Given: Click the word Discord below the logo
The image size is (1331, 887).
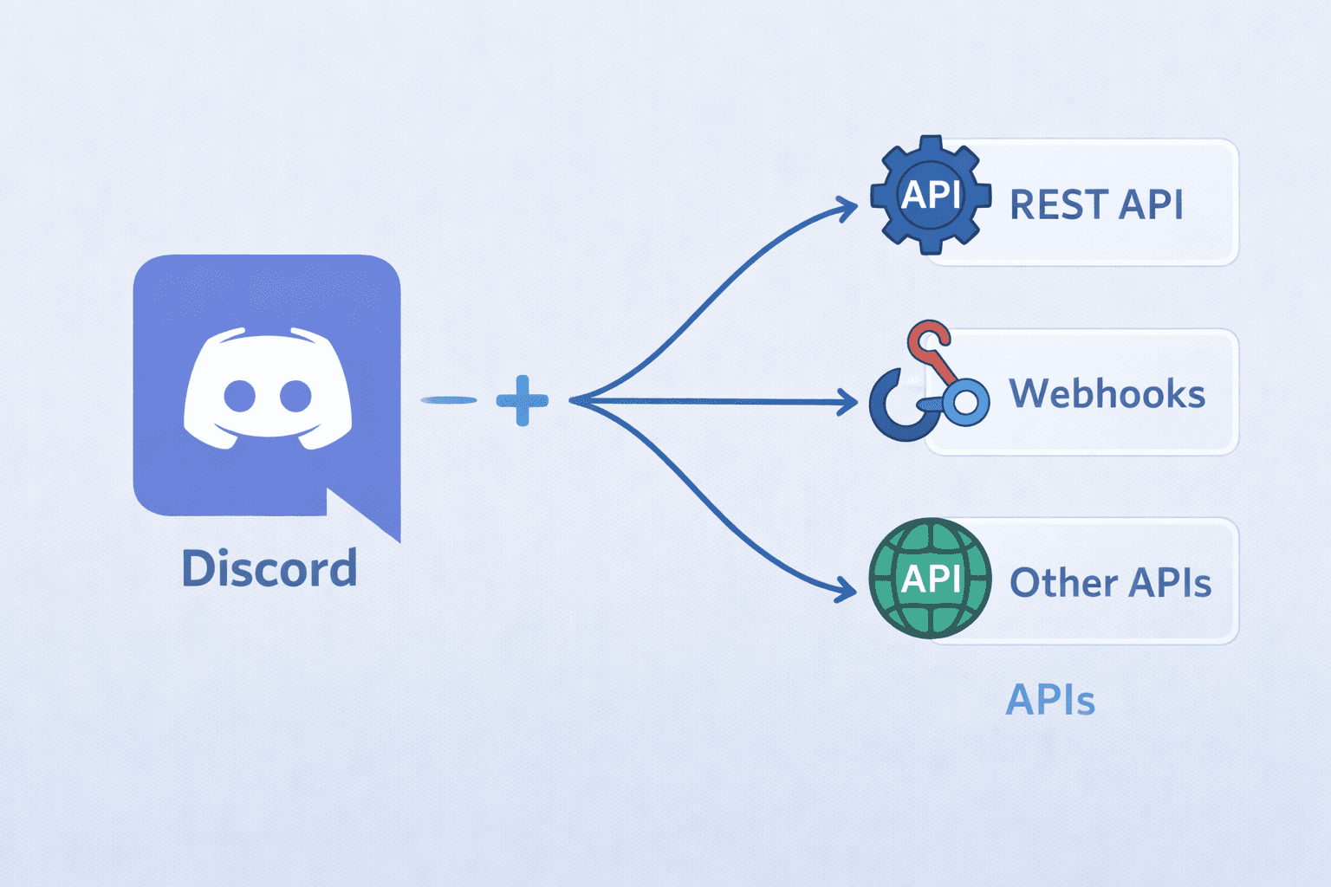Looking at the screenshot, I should (x=269, y=569).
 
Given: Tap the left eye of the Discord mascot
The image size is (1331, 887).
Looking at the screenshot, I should (x=240, y=396).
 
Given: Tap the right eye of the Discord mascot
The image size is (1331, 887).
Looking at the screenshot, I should (x=295, y=396).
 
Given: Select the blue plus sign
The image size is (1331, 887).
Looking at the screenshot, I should (x=523, y=400).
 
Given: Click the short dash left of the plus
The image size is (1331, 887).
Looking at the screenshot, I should (x=449, y=400).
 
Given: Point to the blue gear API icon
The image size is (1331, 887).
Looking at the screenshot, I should (x=931, y=195).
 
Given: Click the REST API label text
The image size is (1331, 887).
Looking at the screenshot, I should (x=1096, y=205).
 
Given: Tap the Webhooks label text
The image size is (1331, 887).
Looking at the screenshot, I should (x=1107, y=394).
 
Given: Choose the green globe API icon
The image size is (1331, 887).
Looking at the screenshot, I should (x=930, y=579).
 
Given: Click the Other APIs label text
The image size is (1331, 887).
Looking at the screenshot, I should (x=1110, y=583).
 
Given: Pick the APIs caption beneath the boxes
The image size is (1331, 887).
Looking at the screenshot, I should (x=1050, y=700).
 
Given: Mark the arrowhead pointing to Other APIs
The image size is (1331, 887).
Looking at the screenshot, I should (x=846, y=591).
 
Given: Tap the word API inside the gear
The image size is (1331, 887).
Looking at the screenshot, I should (x=931, y=195).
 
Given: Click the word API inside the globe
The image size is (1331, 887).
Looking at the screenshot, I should (x=931, y=579).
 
